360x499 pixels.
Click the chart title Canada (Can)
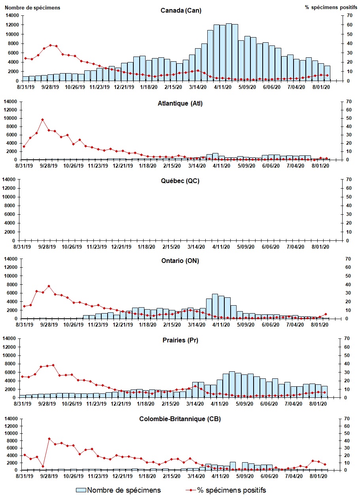(181, 10)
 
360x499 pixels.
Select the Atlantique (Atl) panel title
(181, 104)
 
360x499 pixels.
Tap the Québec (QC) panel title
(181, 181)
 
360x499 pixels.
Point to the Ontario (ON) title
(181, 261)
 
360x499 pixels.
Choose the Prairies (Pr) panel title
(181, 340)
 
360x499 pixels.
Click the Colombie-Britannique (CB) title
(181, 419)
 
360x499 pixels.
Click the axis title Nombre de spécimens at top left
(32, 8)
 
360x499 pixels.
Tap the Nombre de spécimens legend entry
(119, 490)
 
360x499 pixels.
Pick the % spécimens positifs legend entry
(226, 490)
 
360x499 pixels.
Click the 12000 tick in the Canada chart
(12, 25)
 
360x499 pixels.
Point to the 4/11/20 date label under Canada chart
(222, 87)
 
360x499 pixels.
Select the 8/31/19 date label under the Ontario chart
(24, 325)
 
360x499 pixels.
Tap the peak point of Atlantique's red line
(42, 119)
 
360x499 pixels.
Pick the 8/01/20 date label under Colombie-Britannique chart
(321, 476)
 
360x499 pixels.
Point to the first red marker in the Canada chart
(25, 58)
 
